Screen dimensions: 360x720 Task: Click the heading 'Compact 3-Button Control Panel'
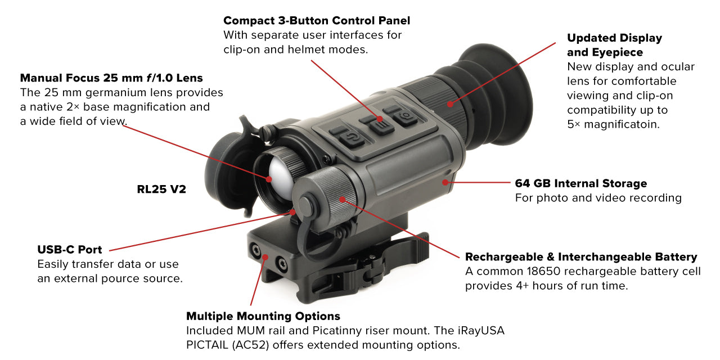[317, 21]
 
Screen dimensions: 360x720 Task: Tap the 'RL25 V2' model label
[161, 190]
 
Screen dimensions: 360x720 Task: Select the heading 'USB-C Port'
[70, 250]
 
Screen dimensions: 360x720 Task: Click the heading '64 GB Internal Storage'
[581, 183]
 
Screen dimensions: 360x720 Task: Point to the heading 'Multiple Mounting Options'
[263, 316]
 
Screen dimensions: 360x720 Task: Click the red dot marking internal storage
[445, 182]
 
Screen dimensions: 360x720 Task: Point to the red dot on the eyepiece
[450, 103]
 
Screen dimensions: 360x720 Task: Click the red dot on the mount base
[265, 256]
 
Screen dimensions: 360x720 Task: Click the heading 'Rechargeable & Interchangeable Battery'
[581, 257]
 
